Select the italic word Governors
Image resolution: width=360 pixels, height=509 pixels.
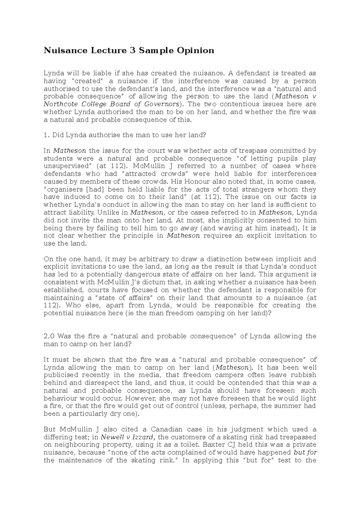[161, 104]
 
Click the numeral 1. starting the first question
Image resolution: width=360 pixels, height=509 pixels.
[46, 135]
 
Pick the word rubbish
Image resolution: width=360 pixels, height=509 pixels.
[303, 375]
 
